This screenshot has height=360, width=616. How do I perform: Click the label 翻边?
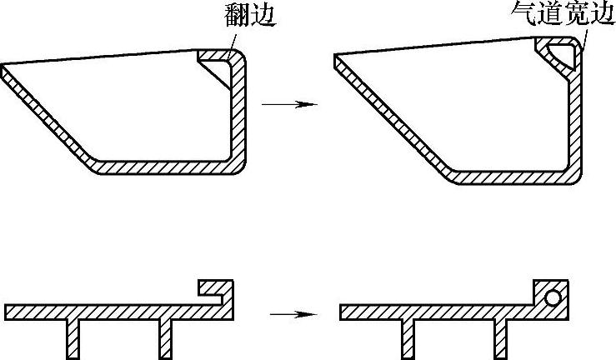249,14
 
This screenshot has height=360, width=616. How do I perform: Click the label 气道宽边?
563,14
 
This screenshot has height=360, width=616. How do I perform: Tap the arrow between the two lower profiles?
293,314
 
